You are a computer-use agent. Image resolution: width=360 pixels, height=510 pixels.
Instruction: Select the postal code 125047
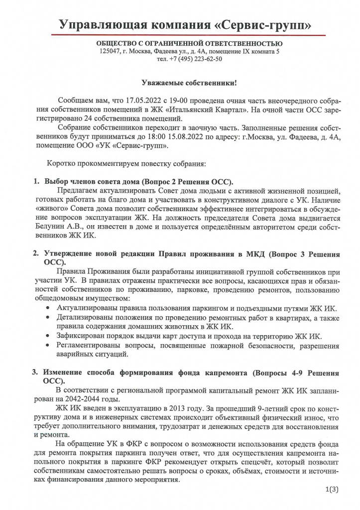(x=110, y=51)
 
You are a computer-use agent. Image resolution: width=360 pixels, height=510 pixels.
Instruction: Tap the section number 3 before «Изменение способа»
(x=34, y=372)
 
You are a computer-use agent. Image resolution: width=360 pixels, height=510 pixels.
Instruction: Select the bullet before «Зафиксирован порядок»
(x=47, y=337)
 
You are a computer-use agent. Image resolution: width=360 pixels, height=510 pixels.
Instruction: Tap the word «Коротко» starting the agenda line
(x=62, y=163)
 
